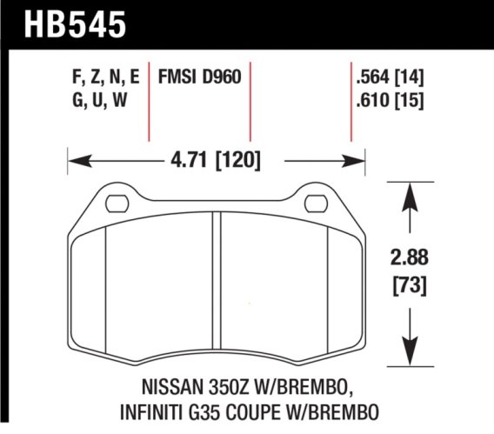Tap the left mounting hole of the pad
[x=116, y=204]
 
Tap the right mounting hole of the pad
[x=315, y=204]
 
